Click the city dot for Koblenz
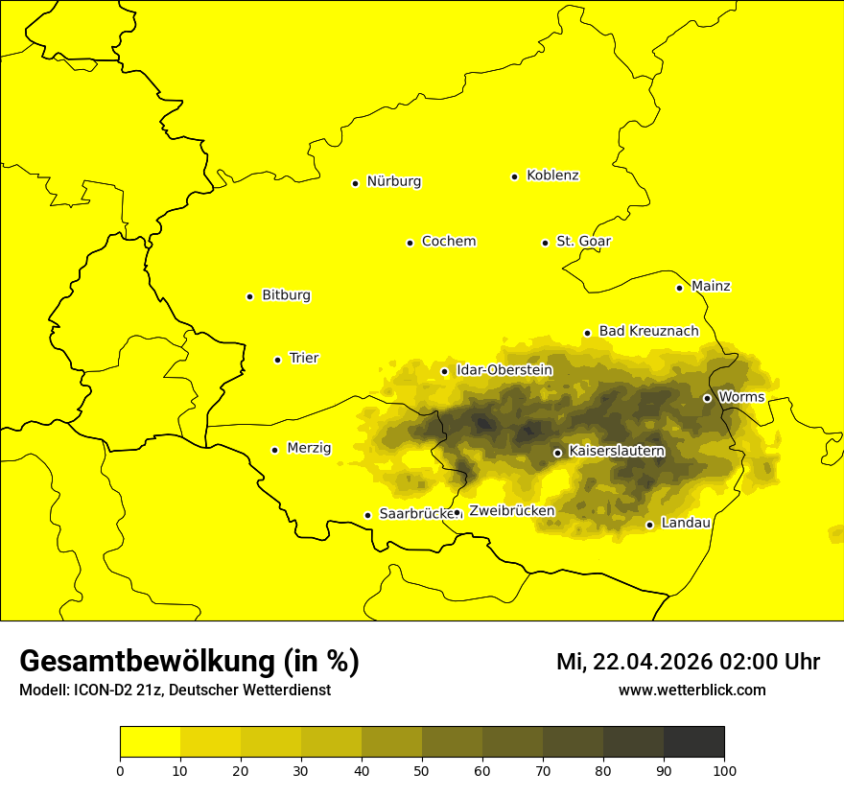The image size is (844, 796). (x=515, y=176)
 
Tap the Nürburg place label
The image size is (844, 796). (x=393, y=181)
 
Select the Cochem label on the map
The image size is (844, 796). (x=448, y=242)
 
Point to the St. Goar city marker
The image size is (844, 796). (x=545, y=243)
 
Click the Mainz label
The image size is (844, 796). (x=711, y=287)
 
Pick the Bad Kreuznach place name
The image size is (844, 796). (x=648, y=331)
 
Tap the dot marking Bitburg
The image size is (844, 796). (x=249, y=296)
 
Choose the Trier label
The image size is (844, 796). (x=303, y=359)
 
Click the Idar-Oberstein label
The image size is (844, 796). (x=504, y=370)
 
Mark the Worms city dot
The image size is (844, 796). (x=707, y=398)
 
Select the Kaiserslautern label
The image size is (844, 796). (x=617, y=451)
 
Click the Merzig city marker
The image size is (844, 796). (x=274, y=450)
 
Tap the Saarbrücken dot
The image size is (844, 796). (x=367, y=515)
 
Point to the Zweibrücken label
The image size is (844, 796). (x=511, y=511)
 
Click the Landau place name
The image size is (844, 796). (x=686, y=524)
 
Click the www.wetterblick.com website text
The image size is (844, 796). (x=692, y=691)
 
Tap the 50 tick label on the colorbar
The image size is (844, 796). (x=422, y=770)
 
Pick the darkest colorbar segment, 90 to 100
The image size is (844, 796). (x=693, y=742)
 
